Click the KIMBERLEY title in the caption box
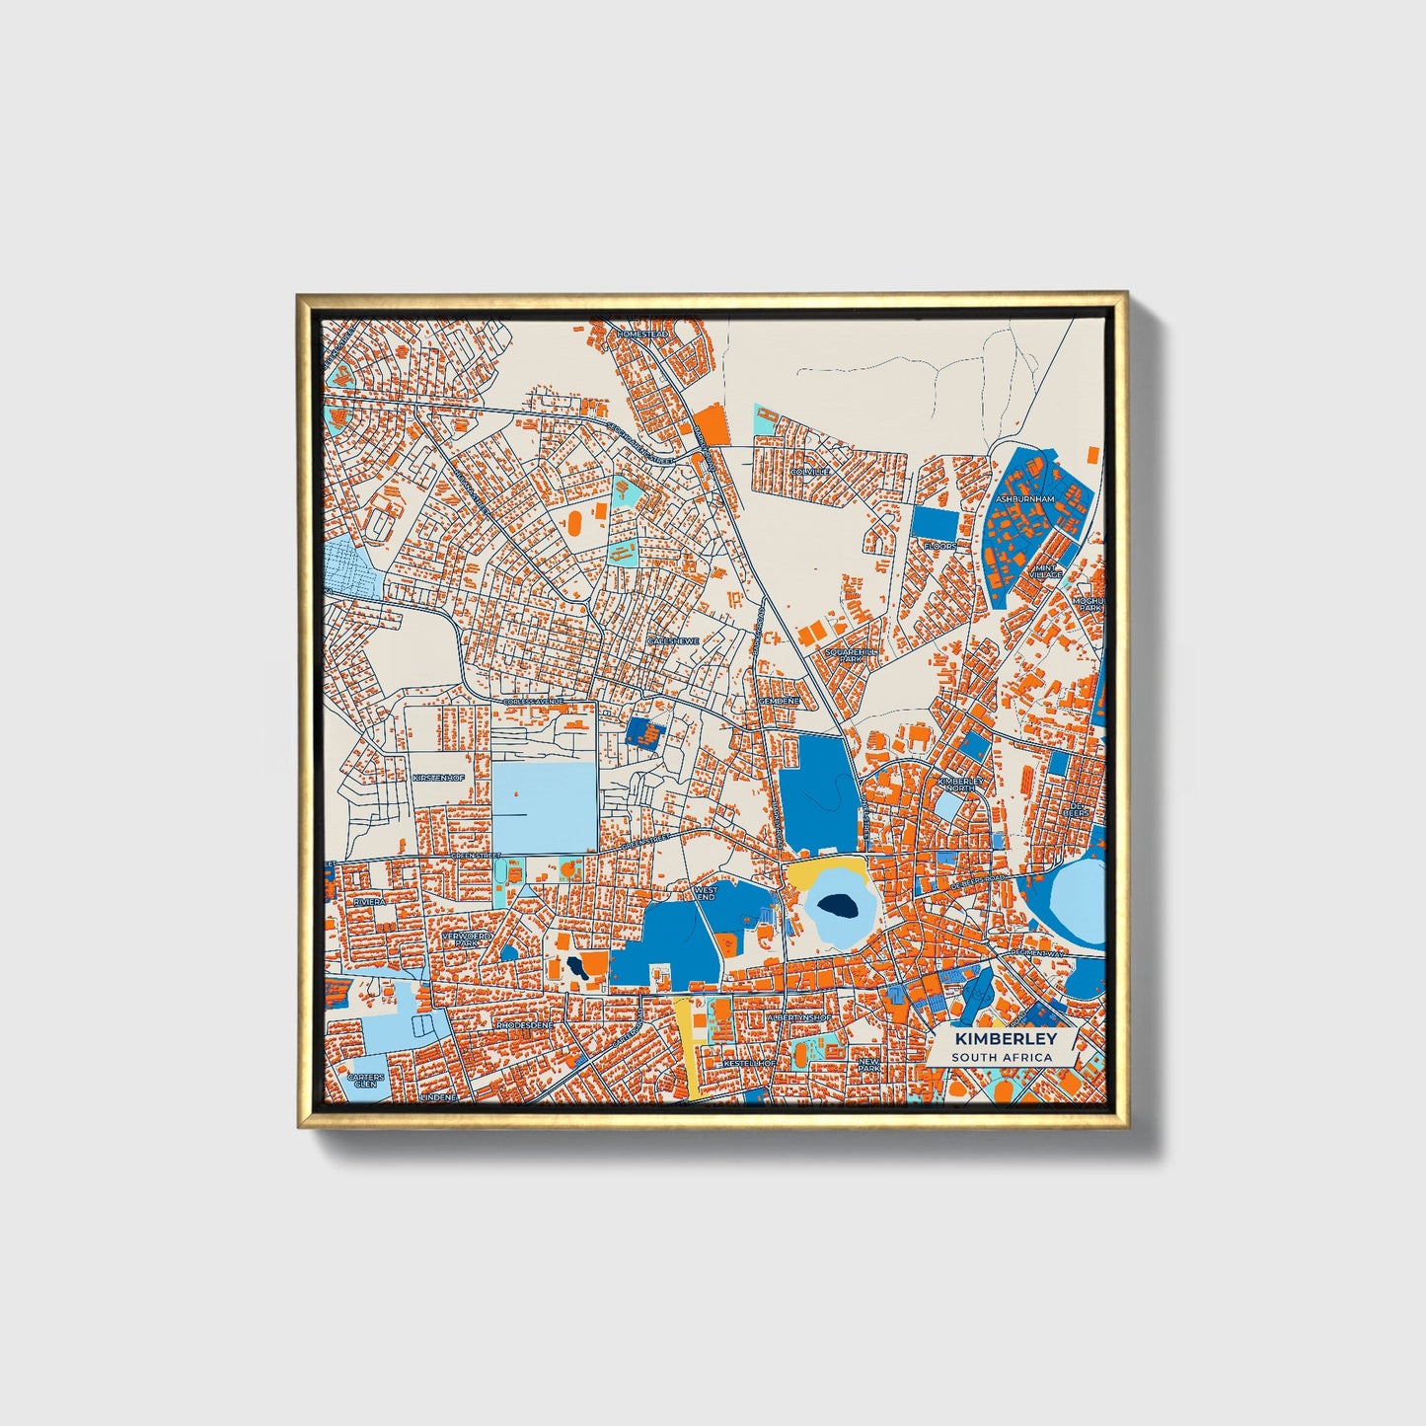click(1005, 1039)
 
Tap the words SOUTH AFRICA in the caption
click(1002, 1057)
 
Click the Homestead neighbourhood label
click(641, 335)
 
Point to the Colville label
click(810, 472)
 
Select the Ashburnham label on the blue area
click(1024, 499)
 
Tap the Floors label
click(939, 545)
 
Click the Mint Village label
click(1045, 571)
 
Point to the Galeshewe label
click(673, 641)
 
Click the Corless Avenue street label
click(534, 701)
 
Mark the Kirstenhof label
click(439, 778)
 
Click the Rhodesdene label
click(525, 1024)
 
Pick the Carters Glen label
click(365, 1080)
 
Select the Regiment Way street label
click(1036, 954)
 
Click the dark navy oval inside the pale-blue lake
click(838, 903)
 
